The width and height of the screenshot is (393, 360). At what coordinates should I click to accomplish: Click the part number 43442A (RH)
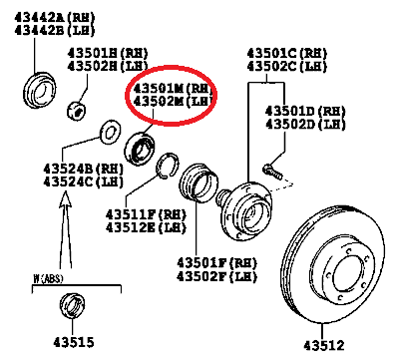point(55,17)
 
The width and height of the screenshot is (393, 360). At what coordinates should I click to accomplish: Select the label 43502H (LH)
point(108,66)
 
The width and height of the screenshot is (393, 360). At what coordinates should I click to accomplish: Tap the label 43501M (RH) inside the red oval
point(173,89)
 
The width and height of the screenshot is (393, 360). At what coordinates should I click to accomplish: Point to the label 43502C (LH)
point(287,66)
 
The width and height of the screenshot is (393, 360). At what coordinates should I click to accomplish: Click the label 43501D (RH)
point(305,111)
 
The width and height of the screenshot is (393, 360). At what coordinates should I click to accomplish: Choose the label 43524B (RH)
point(83,169)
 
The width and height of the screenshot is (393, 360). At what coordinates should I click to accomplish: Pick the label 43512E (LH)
point(146,227)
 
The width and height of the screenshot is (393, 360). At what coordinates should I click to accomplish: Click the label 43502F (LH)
point(216,276)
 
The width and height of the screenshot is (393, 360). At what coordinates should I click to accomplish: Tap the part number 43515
point(74,342)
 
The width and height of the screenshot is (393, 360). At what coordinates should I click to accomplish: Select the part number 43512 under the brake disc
point(324,345)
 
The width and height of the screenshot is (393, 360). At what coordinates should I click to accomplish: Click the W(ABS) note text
point(48,278)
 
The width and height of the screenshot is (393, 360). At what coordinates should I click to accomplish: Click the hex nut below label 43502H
point(77,110)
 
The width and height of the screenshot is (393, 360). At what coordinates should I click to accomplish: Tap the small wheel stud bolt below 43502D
point(272,172)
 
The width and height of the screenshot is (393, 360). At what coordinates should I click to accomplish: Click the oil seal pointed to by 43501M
point(140,149)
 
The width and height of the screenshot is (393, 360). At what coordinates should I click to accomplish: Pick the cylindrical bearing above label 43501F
point(198,182)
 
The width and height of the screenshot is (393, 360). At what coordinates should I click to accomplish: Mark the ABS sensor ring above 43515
point(73,305)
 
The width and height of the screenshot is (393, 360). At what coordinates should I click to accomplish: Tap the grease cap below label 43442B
point(40,90)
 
